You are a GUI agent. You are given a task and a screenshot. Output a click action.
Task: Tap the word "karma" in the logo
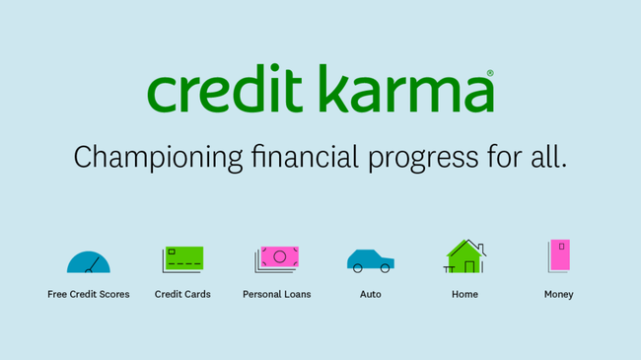(404, 91)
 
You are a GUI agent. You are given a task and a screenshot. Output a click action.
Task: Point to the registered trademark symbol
(490, 74)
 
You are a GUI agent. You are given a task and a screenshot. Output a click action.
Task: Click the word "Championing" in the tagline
(158, 157)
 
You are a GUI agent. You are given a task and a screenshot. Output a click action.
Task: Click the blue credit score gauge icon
(89, 262)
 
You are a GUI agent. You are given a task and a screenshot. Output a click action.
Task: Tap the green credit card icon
(183, 259)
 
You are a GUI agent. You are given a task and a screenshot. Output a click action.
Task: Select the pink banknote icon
(278, 258)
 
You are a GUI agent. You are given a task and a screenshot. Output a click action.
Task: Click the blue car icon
(370, 260)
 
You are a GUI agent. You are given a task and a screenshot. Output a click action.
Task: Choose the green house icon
(464, 256)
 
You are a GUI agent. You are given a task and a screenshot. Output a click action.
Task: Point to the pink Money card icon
(559, 255)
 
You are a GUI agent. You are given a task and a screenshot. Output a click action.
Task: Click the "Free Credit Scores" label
(89, 294)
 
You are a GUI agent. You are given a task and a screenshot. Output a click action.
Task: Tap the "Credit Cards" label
(182, 294)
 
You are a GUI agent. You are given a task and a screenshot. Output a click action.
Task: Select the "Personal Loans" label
(276, 294)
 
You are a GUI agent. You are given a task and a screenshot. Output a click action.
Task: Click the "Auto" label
(370, 294)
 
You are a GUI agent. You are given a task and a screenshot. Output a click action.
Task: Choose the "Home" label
(464, 294)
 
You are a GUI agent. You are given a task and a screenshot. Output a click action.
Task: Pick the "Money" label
(558, 294)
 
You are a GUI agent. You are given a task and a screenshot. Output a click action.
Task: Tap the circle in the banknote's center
(279, 257)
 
